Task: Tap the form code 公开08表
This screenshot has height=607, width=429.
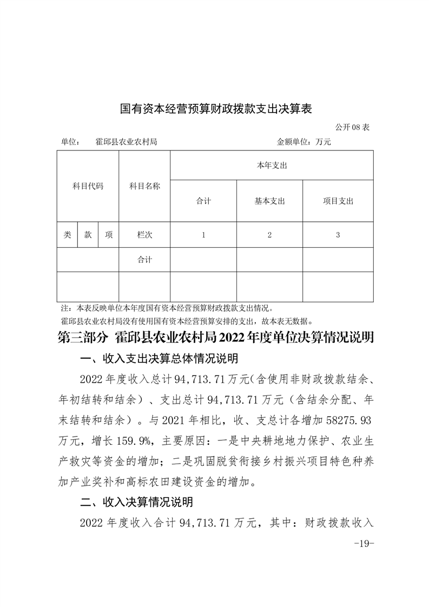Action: (x=352, y=128)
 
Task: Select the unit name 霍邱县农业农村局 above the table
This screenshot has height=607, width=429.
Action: (x=126, y=142)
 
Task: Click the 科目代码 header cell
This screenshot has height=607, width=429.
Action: (x=88, y=186)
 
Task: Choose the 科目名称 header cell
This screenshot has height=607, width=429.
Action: (x=144, y=186)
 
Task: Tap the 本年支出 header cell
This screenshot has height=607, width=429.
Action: (x=272, y=166)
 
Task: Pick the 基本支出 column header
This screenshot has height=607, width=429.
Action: (x=269, y=201)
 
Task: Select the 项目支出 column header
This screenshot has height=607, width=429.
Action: (x=338, y=201)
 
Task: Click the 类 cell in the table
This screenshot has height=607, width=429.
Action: (x=67, y=235)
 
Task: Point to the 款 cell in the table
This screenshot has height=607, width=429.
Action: (x=88, y=235)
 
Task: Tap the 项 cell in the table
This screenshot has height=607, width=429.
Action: (x=109, y=235)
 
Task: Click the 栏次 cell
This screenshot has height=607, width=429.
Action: (x=144, y=235)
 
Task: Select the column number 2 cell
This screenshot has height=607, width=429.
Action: (x=269, y=235)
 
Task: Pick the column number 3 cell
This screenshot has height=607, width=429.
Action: (x=338, y=235)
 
